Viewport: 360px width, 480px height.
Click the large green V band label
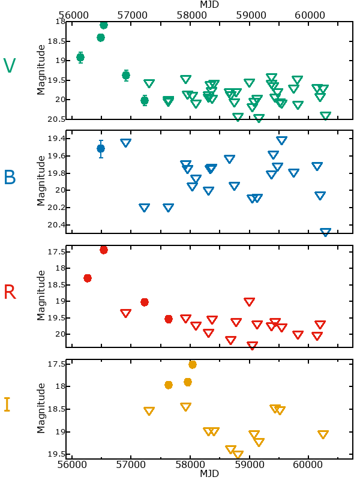coord(10,66)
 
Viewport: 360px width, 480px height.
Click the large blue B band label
coord(10,177)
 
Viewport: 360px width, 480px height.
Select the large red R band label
coord(10,292)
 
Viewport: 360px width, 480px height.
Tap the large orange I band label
coord(7,405)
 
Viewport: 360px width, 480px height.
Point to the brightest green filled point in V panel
coord(104,25)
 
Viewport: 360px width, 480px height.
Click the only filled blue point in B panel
coord(101,148)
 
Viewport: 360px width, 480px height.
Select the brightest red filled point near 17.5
coord(104,250)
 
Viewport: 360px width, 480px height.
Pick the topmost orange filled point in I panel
coord(193,364)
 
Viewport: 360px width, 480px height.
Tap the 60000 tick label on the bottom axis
coord(308,464)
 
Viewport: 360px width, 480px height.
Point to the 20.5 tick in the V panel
coord(58,119)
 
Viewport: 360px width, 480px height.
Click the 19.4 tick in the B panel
coord(58,139)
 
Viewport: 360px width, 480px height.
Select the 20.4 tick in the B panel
coord(58,225)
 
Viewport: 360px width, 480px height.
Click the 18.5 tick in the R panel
coord(58,284)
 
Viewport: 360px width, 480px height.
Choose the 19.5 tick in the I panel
coord(58,455)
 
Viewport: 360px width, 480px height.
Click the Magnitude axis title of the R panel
coord(41,295)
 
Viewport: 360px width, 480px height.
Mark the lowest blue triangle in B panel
coord(325,232)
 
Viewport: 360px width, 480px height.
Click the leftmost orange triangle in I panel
coord(149,411)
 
